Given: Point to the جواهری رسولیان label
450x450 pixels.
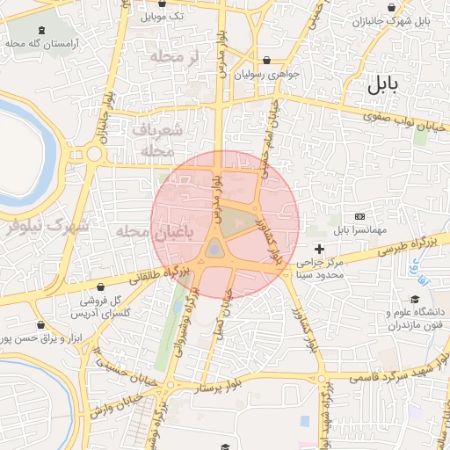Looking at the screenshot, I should tap(269, 74).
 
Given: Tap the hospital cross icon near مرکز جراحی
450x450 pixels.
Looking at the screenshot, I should tap(319, 250).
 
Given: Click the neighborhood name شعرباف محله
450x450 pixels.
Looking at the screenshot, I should tap(158, 140).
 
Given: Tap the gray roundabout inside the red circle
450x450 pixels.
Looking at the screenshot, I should tap(214, 251).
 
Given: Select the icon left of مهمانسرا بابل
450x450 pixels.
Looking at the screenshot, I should tap(359, 216).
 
